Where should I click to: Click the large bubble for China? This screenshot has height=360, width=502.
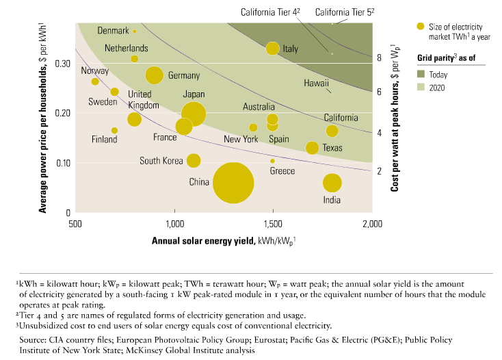233,183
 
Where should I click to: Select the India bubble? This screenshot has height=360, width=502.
332,183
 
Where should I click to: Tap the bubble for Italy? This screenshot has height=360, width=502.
273,49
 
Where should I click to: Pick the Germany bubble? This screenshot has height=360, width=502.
154,76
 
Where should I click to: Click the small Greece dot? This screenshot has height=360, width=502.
272,161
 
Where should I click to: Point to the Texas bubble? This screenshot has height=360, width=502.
312,148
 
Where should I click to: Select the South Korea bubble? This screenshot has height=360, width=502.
194,160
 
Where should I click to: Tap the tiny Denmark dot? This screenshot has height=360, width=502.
135,31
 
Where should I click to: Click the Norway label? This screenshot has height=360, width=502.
95,71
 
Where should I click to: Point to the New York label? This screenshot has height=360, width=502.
241,139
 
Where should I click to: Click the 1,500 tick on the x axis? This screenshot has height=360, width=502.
273,224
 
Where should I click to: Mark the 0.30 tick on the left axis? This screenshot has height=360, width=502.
63,63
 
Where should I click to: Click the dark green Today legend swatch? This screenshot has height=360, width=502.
422,74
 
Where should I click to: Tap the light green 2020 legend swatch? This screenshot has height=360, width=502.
422,88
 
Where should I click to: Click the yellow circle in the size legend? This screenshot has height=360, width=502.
422,27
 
